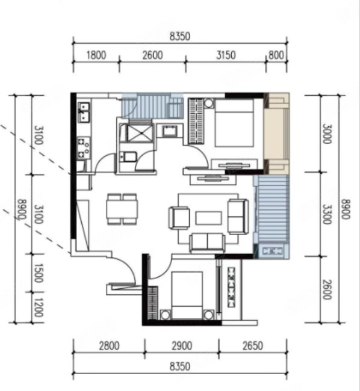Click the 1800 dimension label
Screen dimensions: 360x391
96,55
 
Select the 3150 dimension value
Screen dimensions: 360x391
226,55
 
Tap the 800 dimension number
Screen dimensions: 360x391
276,55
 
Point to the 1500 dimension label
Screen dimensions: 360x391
38,273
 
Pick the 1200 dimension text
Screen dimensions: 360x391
38,307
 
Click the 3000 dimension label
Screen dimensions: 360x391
327,134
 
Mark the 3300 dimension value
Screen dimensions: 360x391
327,215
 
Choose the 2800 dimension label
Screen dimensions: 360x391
110,346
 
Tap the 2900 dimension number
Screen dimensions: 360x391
182,346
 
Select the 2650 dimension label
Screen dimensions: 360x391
253,346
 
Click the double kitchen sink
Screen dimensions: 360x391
84,112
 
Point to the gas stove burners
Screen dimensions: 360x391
83,148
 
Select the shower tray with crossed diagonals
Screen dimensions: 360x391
140,133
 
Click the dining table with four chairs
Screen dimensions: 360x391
122,209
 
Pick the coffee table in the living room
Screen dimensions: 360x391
208,218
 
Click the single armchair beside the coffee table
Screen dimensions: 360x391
179,218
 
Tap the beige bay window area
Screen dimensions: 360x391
277,134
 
